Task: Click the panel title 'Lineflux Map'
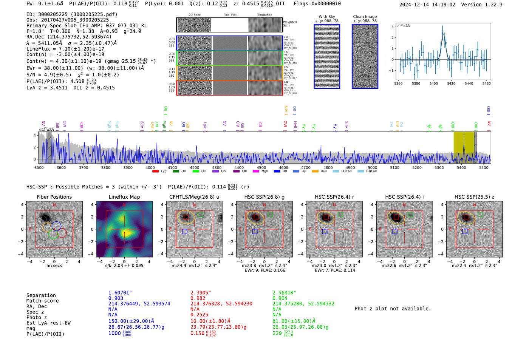[x=124, y=197]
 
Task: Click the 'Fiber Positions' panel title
[x=54, y=197]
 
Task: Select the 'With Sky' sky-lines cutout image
[x=327, y=56]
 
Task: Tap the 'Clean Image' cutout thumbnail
[x=365, y=56]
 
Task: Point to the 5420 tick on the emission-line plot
[x=451, y=83]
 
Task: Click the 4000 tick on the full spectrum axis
[x=150, y=168]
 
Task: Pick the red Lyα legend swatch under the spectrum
[x=155, y=172]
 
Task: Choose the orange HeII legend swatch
[x=315, y=172]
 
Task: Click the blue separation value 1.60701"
[x=120, y=293]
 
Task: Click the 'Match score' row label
[x=42, y=301]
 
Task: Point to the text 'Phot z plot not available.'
[x=393, y=309]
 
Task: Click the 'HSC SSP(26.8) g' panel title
[x=264, y=197]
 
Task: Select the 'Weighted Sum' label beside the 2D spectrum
[x=289, y=24]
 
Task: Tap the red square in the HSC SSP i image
[x=396, y=217]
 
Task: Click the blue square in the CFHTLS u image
[x=185, y=231]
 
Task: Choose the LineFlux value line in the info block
[x=65, y=49]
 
